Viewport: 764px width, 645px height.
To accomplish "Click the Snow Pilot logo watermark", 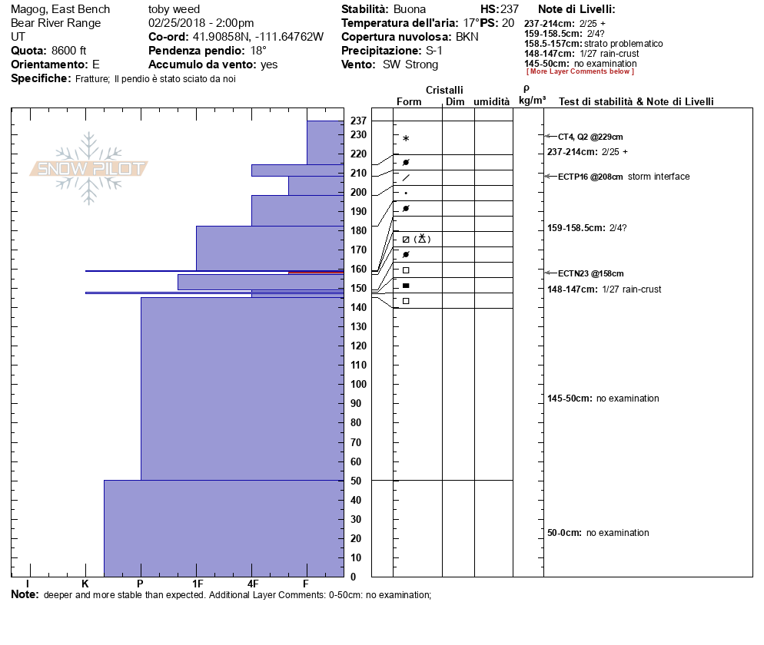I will [89, 169].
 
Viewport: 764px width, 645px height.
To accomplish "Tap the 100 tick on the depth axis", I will [358, 384].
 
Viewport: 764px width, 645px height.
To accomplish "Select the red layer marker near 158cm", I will [316, 272].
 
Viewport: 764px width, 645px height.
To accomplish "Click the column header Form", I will [409, 101].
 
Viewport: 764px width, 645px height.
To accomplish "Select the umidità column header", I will [492, 101].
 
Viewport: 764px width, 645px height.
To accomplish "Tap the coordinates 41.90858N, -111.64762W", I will [257, 37].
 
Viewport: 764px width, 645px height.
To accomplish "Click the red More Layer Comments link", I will [580, 71].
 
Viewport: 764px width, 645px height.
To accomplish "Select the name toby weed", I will [174, 9].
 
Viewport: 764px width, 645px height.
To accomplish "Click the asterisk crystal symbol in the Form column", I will [406, 139].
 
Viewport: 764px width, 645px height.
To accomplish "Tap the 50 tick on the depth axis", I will [358, 481].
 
